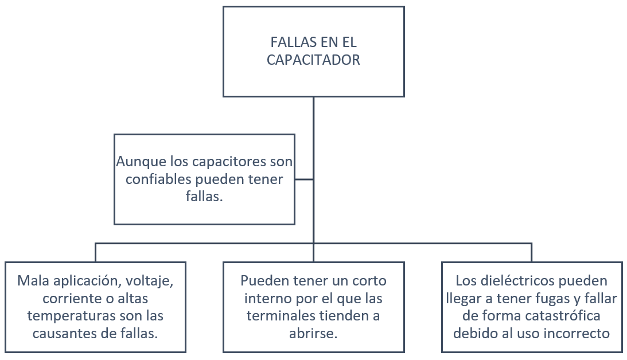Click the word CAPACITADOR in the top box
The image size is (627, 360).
[313, 60]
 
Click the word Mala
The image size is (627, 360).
[32, 281]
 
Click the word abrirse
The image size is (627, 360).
[313, 333]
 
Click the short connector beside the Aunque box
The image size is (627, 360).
[304, 179]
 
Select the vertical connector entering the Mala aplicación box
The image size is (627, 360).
[95, 253]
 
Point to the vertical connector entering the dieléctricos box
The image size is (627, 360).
[531, 253]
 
